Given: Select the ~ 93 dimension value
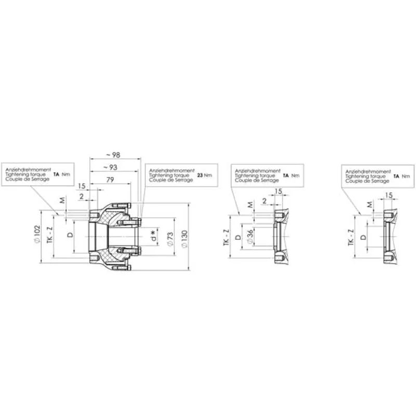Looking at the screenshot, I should (110, 167).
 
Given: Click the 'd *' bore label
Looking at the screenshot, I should (153, 236).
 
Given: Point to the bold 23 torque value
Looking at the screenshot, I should (200, 175).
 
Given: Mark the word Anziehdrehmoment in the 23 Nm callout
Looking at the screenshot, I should (172, 171).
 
